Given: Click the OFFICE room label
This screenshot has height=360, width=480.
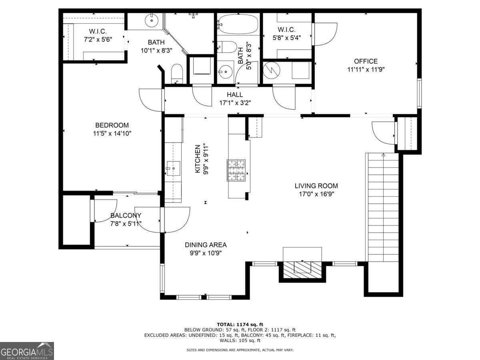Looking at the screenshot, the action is [x=366, y=61].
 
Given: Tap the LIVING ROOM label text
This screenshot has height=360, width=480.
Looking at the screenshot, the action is [x=316, y=186].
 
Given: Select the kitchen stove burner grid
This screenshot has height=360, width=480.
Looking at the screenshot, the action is [x=236, y=170].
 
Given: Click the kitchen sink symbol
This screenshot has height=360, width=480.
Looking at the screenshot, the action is [x=174, y=168].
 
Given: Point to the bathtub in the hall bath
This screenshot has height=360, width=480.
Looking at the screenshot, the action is [x=238, y=24].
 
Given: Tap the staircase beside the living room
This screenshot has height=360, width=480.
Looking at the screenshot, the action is [x=383, y=207].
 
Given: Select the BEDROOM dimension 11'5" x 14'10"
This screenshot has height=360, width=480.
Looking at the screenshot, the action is [x=112, y=133].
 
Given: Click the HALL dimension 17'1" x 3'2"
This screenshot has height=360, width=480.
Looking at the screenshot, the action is [x=235, y=103].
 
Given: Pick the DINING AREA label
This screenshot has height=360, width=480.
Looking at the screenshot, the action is [x=206, y=245].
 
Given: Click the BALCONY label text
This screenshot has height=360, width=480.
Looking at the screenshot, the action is [x=126, y=216].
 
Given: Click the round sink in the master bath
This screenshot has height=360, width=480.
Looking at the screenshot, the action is [x=152, y=20].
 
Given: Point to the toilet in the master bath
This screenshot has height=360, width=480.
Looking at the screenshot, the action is [x=177, y=74].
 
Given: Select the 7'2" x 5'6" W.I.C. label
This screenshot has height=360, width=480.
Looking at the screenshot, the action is [x=98, y=35].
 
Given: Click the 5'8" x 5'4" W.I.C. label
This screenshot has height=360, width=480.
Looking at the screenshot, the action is [x=287, y=34].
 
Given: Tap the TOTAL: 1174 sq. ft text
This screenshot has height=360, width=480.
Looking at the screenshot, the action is [x=240, y=324].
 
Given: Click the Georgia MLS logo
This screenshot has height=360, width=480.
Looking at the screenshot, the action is [x=27, y=351].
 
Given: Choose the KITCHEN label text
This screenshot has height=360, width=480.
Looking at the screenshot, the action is [x=198, y=159].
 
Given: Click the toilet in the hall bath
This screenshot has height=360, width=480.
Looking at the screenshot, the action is [x=227, y=47].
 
